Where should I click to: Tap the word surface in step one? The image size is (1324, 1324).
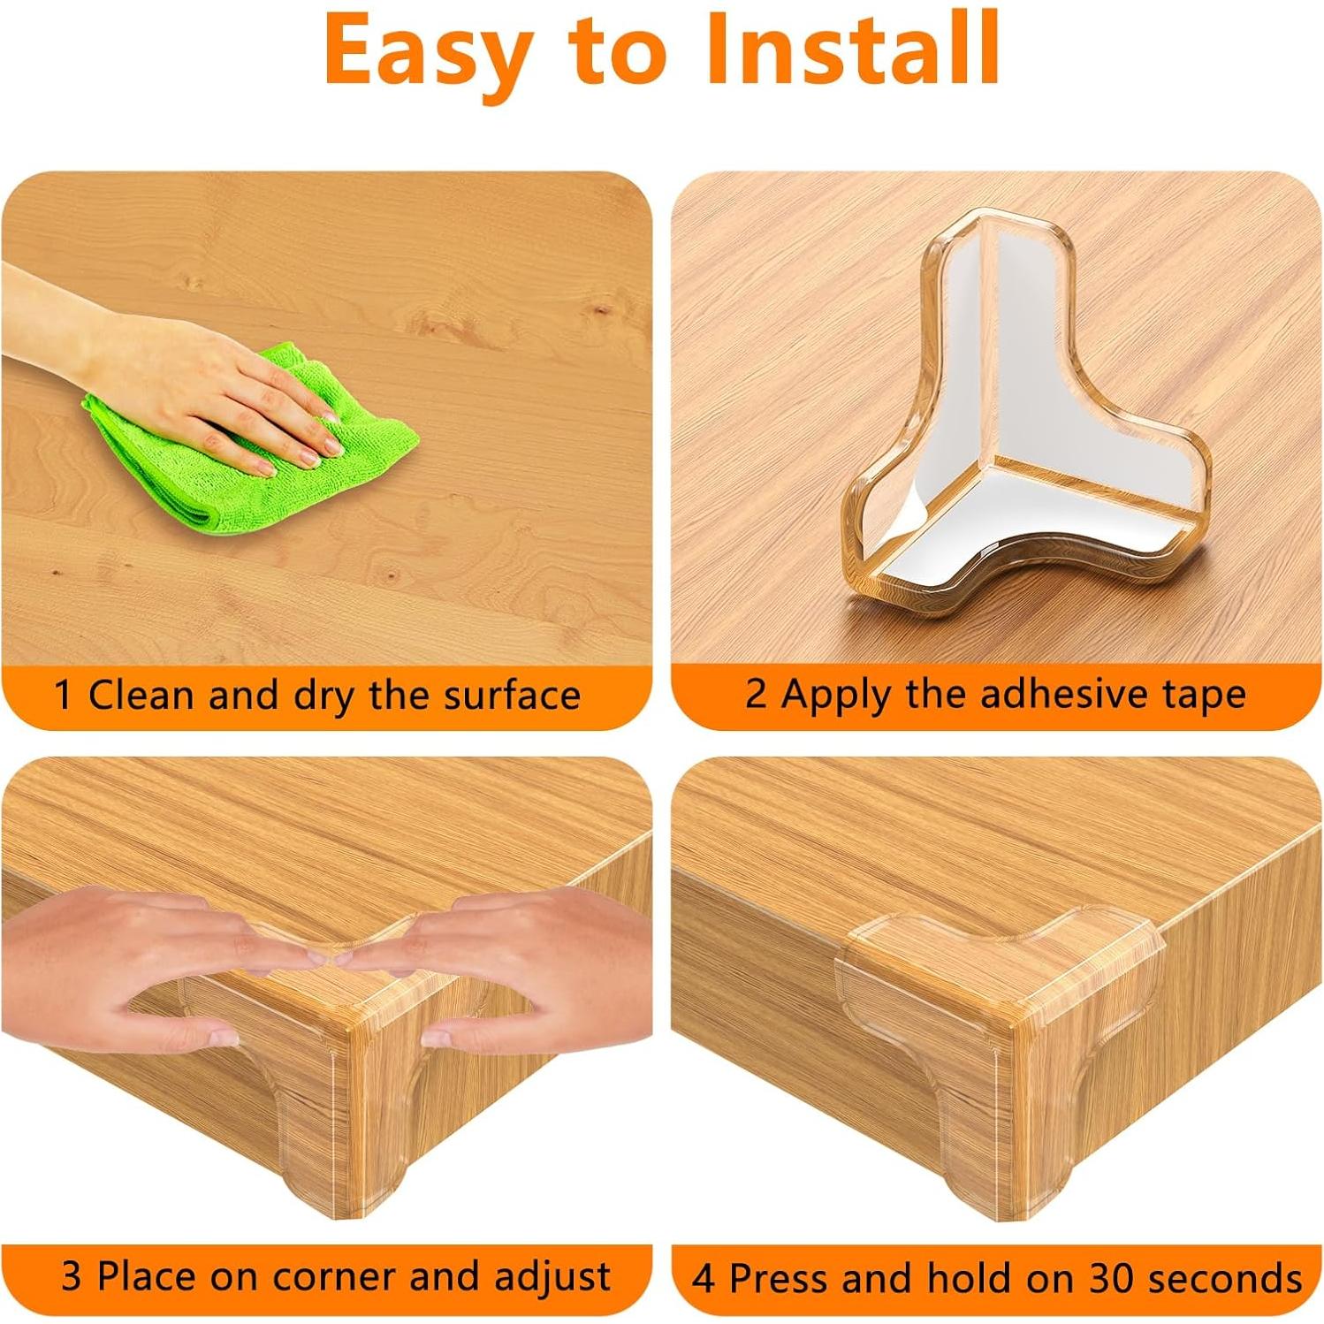pos(512,695)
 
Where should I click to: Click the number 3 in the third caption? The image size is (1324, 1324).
pos(71,1276)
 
